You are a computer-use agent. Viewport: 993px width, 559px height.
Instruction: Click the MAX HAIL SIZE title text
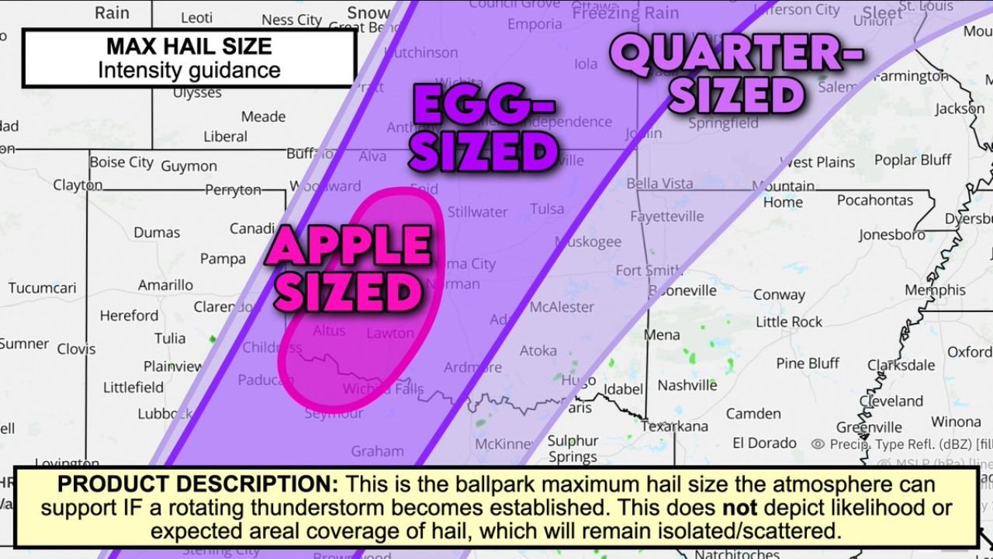[x=189, y=46]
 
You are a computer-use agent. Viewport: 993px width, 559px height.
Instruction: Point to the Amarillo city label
[x=165, y=286]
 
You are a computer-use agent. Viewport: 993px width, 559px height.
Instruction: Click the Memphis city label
[x=935, y=290]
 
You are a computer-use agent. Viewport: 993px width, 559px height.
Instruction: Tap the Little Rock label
[x=789, y=321]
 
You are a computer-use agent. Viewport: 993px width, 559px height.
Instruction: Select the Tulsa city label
[x=548, y=209]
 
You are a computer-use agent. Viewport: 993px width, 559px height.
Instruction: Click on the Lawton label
[x=389, y=333]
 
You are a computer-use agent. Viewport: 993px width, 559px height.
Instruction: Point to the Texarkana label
[x=675, y=426]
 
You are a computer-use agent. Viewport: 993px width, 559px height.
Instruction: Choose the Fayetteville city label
[x=666, y=217]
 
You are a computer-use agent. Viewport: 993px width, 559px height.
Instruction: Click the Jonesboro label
[x=891, y=234]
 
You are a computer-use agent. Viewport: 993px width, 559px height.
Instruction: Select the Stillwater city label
[x=477, y=211]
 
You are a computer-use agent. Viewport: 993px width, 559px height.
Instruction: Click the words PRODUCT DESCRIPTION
[x=198, y=484]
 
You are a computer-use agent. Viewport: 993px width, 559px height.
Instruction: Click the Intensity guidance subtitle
[x=189, y=71]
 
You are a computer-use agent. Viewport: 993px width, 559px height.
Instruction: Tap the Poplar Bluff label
[x=912, y=160]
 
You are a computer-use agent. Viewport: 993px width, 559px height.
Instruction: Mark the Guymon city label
[x=189, y=166]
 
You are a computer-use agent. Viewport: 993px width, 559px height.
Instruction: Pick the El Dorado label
[x=764, y=443]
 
